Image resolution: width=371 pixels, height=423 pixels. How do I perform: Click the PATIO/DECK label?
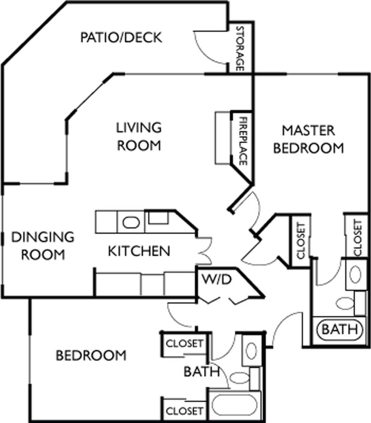121,38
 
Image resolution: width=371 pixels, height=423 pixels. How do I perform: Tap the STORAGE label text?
240,49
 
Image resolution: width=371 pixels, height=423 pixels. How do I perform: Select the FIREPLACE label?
243,141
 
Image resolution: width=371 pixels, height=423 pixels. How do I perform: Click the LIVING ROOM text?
139,136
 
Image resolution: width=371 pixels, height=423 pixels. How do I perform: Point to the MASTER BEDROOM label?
308,139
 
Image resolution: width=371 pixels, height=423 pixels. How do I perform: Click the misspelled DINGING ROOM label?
43,246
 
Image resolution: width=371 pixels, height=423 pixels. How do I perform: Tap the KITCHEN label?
139,251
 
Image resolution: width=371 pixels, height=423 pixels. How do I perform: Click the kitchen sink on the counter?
131,222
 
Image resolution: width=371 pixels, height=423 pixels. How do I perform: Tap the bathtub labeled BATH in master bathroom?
340,329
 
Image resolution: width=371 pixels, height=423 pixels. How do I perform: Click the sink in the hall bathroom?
251,350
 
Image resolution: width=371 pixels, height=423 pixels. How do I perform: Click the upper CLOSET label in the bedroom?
184,343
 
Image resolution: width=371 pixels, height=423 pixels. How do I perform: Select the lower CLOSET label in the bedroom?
184,411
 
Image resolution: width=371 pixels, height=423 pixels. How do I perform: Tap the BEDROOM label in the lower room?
91,356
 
